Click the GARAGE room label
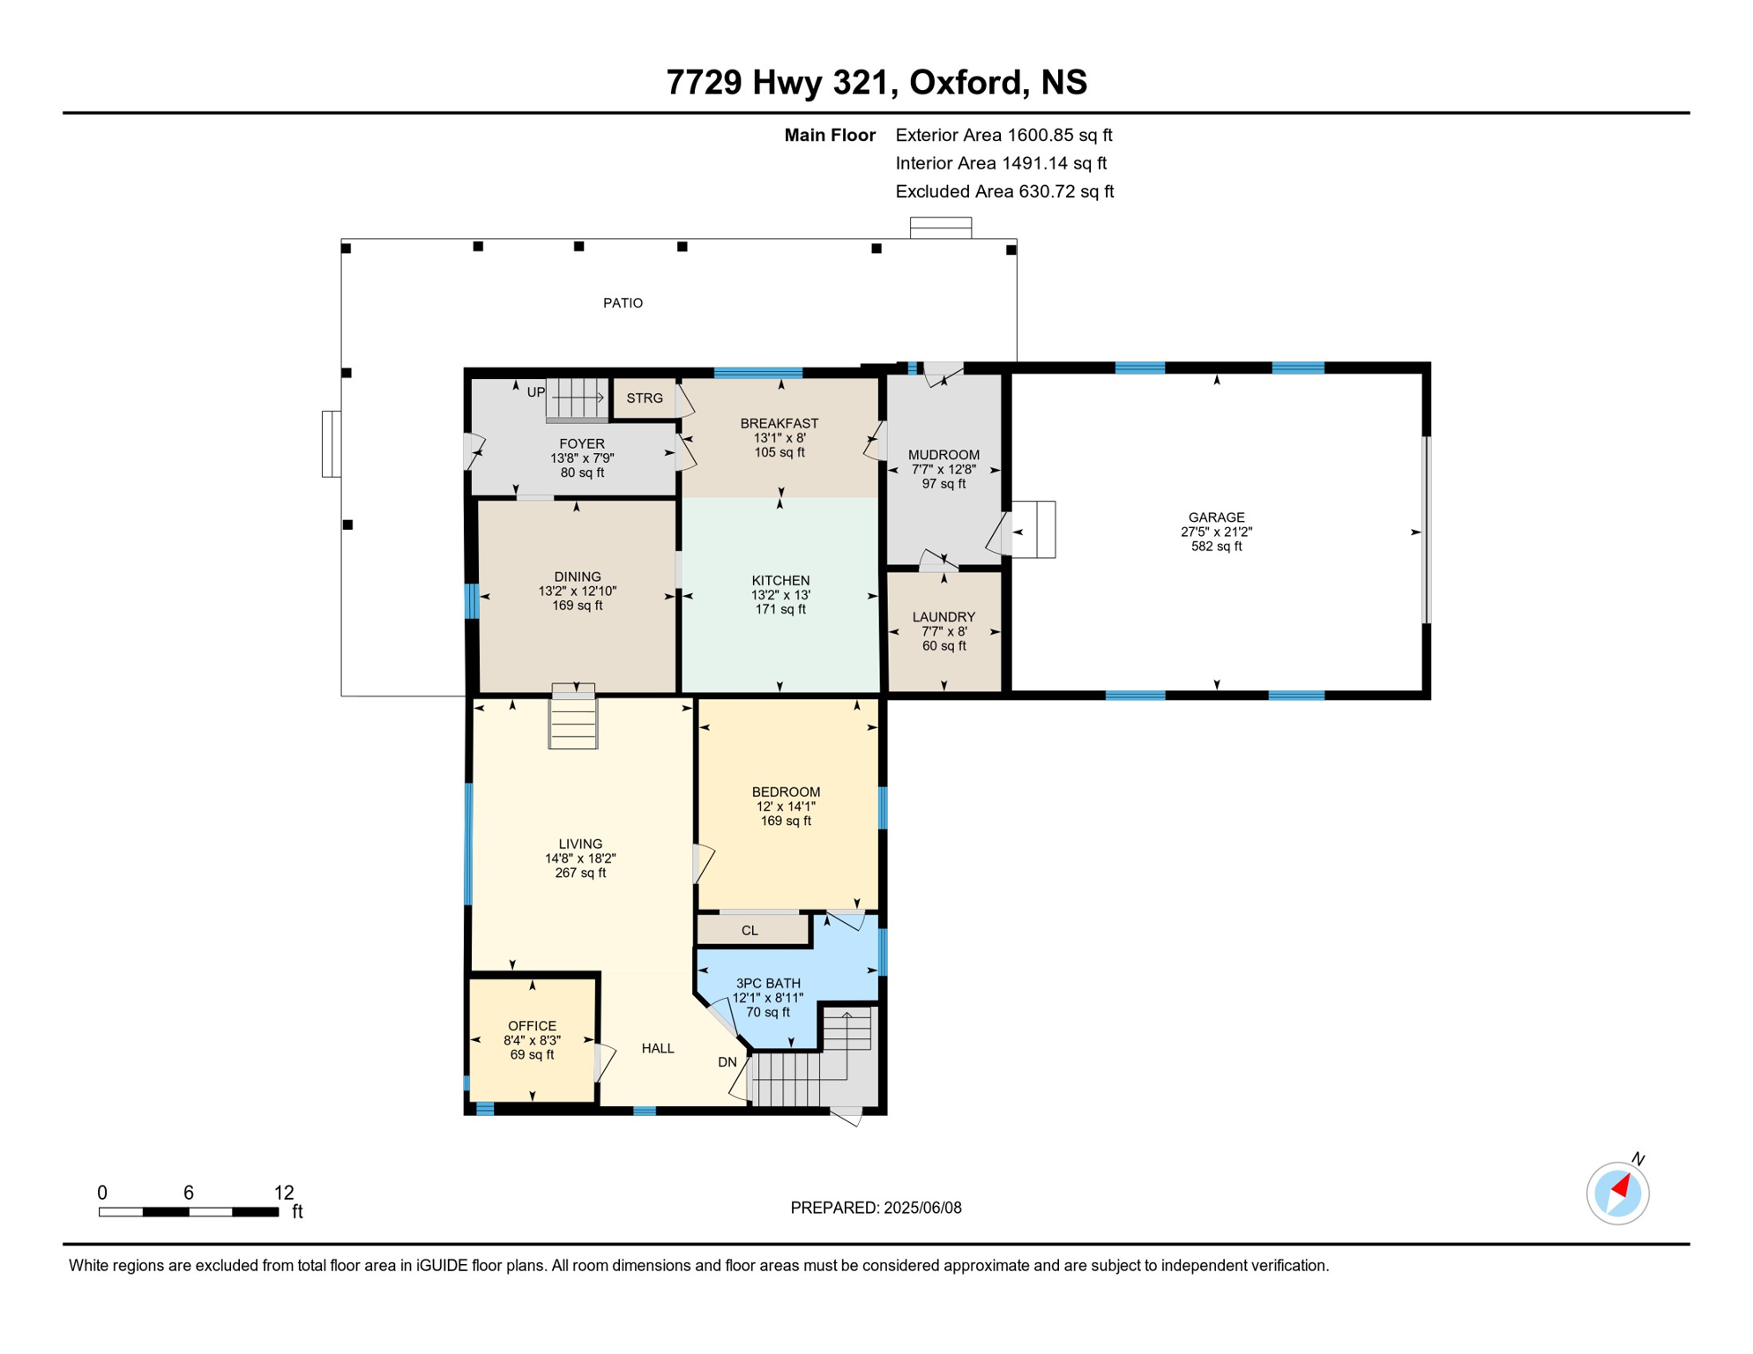[1216, 517]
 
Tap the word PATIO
[623, 303]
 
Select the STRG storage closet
[645, 398]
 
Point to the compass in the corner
[1618, 1193]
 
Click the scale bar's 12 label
[284, 1193]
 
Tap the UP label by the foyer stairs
[536, 392]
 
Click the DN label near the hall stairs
[727, 1062]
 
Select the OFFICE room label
[532, 1026]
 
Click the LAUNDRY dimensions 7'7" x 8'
[944, 631]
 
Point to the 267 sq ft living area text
[580, 873]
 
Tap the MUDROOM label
[944, 455]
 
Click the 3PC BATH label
[768, 983]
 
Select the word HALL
[658, 1048]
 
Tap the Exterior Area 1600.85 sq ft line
[1003, 135]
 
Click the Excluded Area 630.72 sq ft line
[1004, 191]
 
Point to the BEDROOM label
[786, 792]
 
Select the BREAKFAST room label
[780, 424]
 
